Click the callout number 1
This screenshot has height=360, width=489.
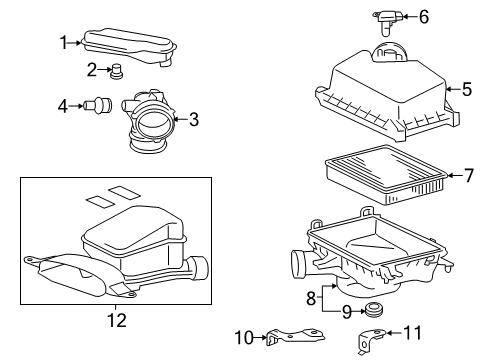point(63,43)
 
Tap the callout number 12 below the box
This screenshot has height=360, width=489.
point(117,320)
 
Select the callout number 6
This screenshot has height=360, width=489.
point(424,17)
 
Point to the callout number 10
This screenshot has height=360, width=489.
point(244,338)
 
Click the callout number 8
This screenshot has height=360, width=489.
point(311,298)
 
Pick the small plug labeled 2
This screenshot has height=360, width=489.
point(116,71)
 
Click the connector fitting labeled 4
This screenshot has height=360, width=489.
point(98,105)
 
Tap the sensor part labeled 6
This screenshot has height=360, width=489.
point(388,21)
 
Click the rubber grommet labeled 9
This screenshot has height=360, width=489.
point(373,311)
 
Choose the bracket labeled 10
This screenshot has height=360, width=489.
point(295,335)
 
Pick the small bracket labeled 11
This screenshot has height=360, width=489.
point(369,339)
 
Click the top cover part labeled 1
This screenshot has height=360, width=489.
point(128,47)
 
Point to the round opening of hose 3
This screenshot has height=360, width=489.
point(155,123)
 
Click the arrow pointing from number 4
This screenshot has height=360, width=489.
point(75,106)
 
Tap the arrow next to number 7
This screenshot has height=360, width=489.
point(454,175)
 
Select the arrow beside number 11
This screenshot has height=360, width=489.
point(394,333)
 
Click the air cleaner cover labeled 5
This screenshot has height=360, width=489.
point(387,95)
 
